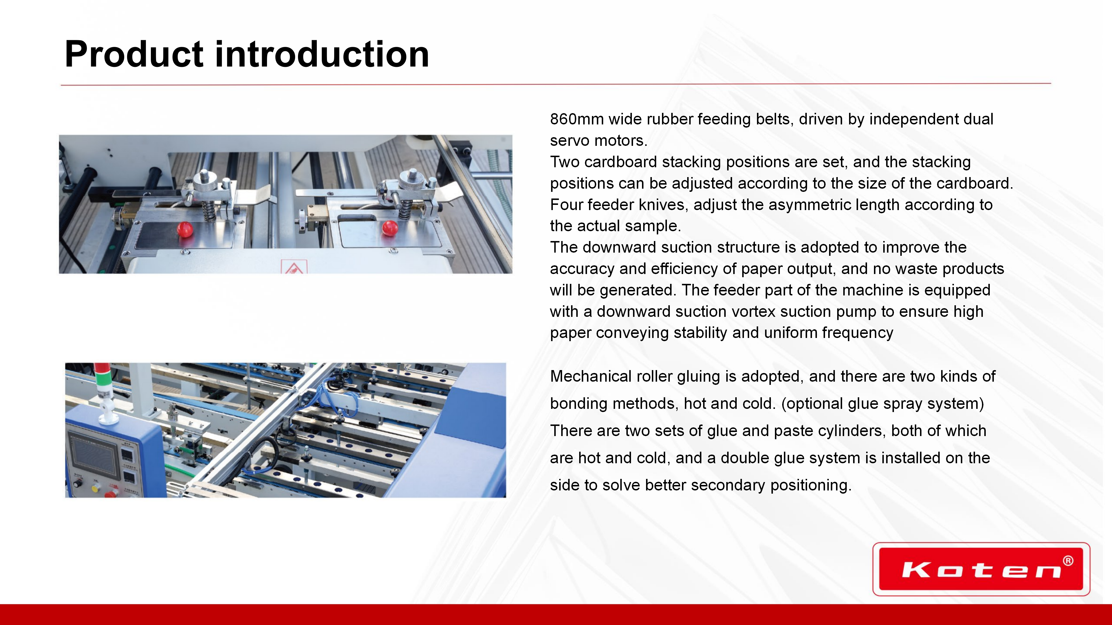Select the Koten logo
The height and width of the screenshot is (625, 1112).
(981, 569)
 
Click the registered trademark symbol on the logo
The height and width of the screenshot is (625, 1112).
(1068, 561)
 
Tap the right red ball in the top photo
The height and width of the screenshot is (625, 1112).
(390, 228)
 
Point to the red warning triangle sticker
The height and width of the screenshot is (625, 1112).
(294, 267)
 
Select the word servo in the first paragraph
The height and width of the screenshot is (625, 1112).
(569, 141)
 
